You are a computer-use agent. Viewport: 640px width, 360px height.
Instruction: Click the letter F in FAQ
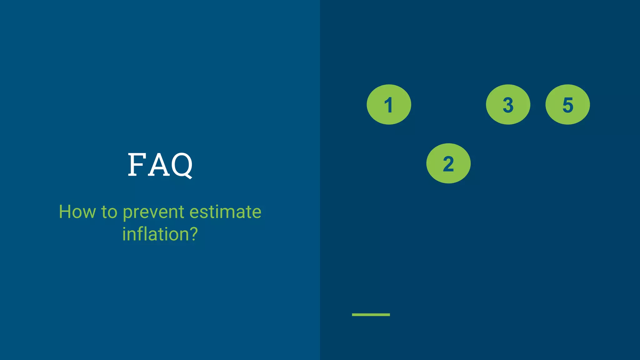click(x=137, y=165)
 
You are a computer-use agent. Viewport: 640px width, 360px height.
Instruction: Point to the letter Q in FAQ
click(x=182, y=165)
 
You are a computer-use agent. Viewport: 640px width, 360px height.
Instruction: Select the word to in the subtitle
click(x=109, y=212)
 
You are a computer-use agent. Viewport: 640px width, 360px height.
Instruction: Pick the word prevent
click(x=153, y=212)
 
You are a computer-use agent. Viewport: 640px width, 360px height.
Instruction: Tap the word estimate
click(x=225, y=212)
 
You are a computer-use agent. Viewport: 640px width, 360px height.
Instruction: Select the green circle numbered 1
click(x=389, y=104)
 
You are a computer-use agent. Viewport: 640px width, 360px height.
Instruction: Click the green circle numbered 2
click(x=448, y=163)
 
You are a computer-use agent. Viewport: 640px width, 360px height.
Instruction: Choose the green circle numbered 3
click(x=508, y=104)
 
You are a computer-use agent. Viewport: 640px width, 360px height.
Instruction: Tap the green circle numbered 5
click(x=567, y=104)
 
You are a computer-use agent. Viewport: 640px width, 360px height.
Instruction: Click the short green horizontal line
click(x=371, y=314)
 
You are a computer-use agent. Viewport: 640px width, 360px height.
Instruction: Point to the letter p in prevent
click(x=127, y=213)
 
